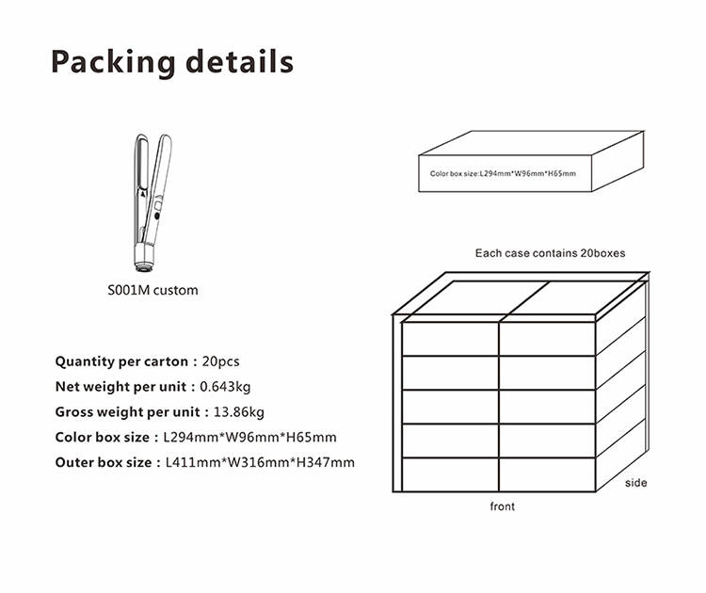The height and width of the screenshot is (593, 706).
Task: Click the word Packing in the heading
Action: coord(113,62)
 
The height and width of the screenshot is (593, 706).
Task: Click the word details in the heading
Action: coord(239,61)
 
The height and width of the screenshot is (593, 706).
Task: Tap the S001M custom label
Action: coord(152,290)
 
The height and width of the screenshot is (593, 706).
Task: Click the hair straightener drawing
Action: coord(152,202)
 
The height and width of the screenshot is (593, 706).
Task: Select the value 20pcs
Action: coord(220,361)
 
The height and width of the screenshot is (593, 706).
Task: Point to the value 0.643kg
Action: coord(225,387)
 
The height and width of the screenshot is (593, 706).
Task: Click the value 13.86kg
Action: coord(239,412)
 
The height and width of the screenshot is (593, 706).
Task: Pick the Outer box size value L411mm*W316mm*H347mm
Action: coord(260,462)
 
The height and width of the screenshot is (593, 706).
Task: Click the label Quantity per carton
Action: coord(121,361)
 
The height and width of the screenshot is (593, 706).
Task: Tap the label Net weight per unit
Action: coord(120,387)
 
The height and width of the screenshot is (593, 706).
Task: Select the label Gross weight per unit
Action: coord(127,412)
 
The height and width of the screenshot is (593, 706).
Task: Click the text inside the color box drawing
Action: coord(503,173)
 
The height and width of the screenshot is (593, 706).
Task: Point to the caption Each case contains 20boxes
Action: coord(551,253)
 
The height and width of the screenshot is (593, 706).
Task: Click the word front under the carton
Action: coord(503,506)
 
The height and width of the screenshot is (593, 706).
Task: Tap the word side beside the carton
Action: coord(635,483)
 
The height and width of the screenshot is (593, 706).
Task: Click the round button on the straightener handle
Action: coord(156,216)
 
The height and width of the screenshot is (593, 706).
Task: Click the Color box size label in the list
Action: coord(103,437)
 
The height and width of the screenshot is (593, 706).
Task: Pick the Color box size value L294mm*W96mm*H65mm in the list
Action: coord(249,437)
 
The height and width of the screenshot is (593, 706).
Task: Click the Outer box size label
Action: coord(104,462)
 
